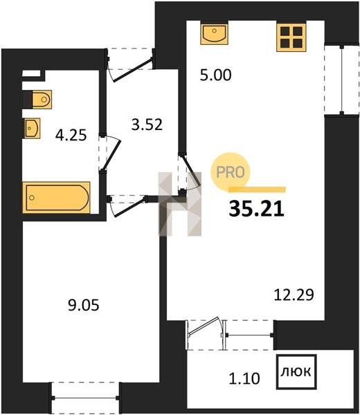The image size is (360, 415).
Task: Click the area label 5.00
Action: point(215,75)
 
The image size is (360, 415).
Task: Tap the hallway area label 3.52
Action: point(147,124)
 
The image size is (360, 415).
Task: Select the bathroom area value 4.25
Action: point(71,136)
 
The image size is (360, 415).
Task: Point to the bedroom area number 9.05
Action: point(84,306)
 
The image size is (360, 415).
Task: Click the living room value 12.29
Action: point(294,295)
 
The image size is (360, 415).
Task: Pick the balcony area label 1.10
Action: point(244,378)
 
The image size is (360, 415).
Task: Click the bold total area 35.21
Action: point(256,209)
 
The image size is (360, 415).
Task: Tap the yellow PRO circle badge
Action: point(231,172)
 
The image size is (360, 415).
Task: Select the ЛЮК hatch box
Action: point(296,372)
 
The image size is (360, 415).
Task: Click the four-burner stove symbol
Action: point(291,37)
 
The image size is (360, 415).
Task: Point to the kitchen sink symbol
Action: point(214,34)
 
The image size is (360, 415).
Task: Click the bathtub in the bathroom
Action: point(57,197)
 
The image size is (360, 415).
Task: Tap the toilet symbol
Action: point(42,100)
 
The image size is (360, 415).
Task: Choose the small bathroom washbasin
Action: point(33,128)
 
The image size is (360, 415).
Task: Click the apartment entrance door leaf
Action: point(133,69)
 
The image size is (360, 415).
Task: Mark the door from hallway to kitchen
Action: point(191,172)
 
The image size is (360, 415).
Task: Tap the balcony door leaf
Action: point(204,325)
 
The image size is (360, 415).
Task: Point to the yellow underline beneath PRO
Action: point(257,189)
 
